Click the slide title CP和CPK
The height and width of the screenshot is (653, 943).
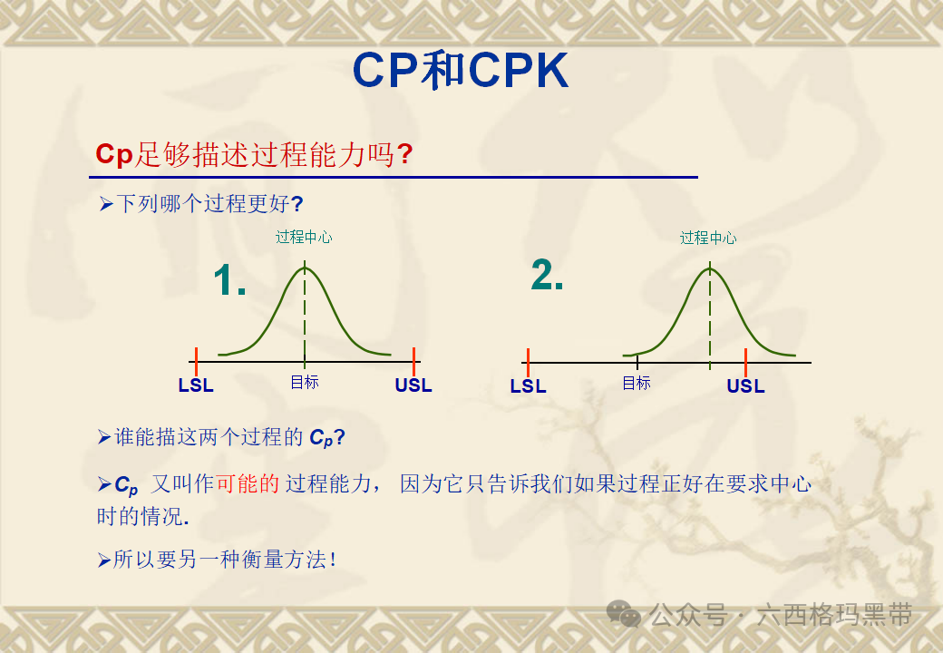[460, 70]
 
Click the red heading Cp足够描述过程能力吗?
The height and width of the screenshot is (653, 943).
[254, 154]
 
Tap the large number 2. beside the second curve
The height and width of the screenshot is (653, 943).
[547, 275]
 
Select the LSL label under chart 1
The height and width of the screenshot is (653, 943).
[196, 385]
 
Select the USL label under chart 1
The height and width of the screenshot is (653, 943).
[413, 385]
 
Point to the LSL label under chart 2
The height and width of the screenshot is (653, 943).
[528, 386]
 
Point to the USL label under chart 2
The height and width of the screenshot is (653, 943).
[745, 386]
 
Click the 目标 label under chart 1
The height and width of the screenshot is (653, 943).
[305, 382]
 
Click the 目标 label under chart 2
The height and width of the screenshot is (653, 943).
[637, 383]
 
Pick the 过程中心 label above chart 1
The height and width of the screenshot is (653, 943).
[305, 238]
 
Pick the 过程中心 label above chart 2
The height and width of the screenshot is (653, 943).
[708, 239]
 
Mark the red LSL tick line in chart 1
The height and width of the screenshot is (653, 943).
[196, 361]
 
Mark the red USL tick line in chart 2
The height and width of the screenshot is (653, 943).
[745, 362]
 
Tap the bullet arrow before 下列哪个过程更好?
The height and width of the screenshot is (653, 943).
[105, 204]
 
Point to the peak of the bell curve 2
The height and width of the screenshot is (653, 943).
[709, 268]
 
